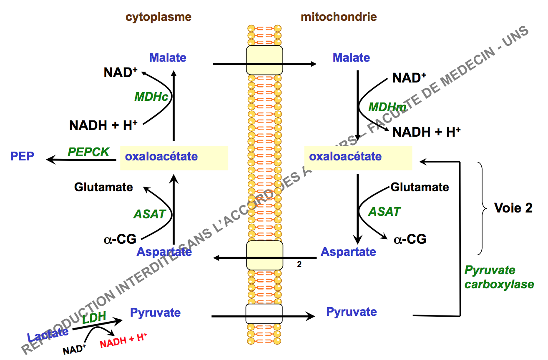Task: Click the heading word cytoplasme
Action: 158,17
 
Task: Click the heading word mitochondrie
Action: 339,17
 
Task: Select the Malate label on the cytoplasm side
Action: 168,57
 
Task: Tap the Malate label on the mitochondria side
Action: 351,57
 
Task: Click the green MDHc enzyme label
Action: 151,97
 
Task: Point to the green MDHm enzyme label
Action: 387,107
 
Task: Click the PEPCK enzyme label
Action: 88,152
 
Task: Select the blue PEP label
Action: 23,157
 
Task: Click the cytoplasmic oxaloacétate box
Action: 174,157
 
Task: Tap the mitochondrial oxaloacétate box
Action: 358,157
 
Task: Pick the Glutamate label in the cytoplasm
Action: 103,187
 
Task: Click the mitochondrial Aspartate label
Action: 348,252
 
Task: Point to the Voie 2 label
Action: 513,208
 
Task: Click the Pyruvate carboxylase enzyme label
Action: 499,277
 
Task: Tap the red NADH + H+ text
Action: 123,341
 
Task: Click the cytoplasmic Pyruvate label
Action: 155,312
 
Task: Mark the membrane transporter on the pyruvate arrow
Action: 264,314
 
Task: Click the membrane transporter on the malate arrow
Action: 264,60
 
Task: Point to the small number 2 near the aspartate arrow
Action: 299,264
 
